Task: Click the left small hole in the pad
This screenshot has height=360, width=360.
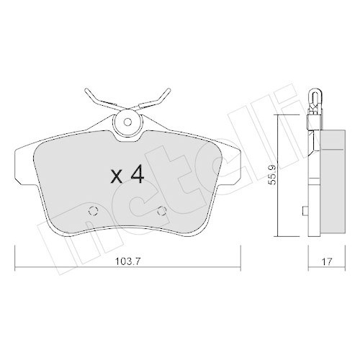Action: pos(91,212)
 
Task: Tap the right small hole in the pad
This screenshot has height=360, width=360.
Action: pos(162,211)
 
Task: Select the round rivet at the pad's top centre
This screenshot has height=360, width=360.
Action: pos(129,123)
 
